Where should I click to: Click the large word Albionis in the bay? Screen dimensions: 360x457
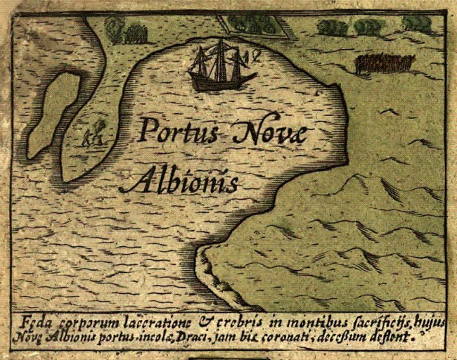179,181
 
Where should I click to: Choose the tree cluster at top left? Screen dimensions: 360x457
127,30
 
